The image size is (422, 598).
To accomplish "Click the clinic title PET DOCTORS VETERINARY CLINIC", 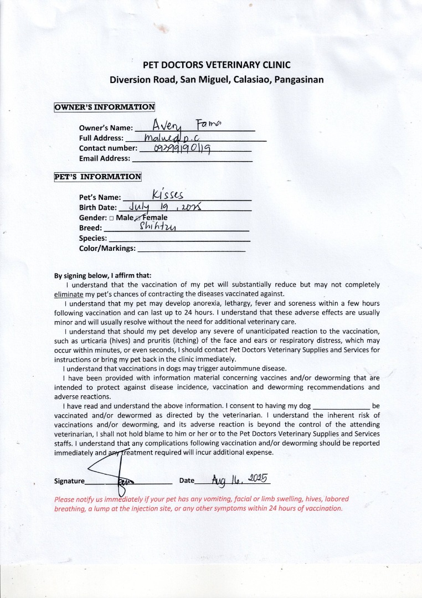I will tap(217, 65).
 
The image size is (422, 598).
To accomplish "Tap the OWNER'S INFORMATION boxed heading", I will tap(104, 107).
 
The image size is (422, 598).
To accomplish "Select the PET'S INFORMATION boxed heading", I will tap(97, 177).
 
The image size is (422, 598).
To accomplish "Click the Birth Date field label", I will tap(98, 208).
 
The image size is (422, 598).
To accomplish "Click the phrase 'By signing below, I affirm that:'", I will tap(102, 275).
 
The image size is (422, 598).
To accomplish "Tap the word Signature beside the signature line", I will tap(69, 481).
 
